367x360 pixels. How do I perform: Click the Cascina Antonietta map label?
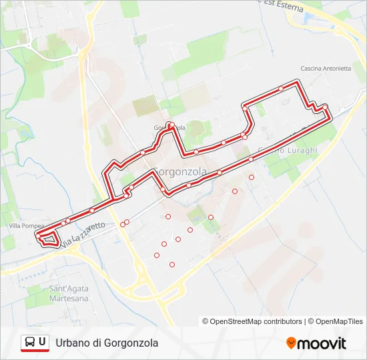pyautogui.click(x=326, y=68)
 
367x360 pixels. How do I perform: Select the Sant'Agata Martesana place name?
pyautogui.click(x=68, y=294)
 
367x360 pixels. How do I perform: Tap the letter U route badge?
pyautogui.click(x=43, y=342)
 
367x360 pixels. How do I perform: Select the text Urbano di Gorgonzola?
pyautogui.click(x=107, y=343)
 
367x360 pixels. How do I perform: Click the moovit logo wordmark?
pyautogui.click(x=322, y=343)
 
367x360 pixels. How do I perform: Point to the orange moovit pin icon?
pyautogui.click(x=291, y=343)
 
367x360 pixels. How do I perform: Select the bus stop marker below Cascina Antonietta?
pyautogui.click(x=281, y=88)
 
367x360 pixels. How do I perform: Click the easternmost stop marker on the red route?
pyautogui.click(x=325, y=107)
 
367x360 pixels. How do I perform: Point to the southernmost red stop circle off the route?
pyautogui.click(x=172, y=265)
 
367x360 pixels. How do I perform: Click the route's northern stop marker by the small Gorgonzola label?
pyautogui.click(x=170, y=125)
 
